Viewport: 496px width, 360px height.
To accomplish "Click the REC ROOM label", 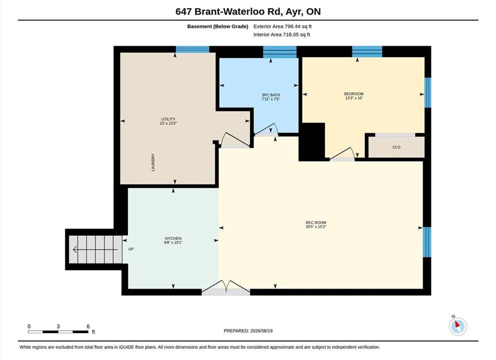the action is tap(316, 222).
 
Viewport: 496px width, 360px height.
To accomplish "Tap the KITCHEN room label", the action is tap(173, 238).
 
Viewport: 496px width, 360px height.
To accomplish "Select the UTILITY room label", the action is tap(168, 119).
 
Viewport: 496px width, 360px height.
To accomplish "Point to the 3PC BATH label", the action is tap(271, 95).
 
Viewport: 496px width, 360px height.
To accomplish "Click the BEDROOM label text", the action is tap(354, 93).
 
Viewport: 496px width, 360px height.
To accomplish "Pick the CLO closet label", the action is tap(397, 147).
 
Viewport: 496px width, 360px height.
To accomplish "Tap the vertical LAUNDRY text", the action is tap(153, 162).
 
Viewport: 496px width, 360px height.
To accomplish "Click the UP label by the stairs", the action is tap(131, 249).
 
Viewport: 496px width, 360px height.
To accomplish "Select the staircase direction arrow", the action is tap(95, 250).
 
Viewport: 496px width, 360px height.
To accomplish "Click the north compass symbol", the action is tap(458, 325).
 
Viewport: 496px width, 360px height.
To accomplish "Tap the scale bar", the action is tap(58, 332).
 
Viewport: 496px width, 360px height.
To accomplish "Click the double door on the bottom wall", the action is tap(226, 288).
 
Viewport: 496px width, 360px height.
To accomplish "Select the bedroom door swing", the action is tap(343, 154).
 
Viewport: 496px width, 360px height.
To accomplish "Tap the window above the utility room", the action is tap(192, 49).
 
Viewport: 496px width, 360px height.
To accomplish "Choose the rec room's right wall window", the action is tap(427, 242).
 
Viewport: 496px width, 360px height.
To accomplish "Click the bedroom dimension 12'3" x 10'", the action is tap(354, 98).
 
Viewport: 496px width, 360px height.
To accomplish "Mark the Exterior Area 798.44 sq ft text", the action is tap(283, 26).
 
